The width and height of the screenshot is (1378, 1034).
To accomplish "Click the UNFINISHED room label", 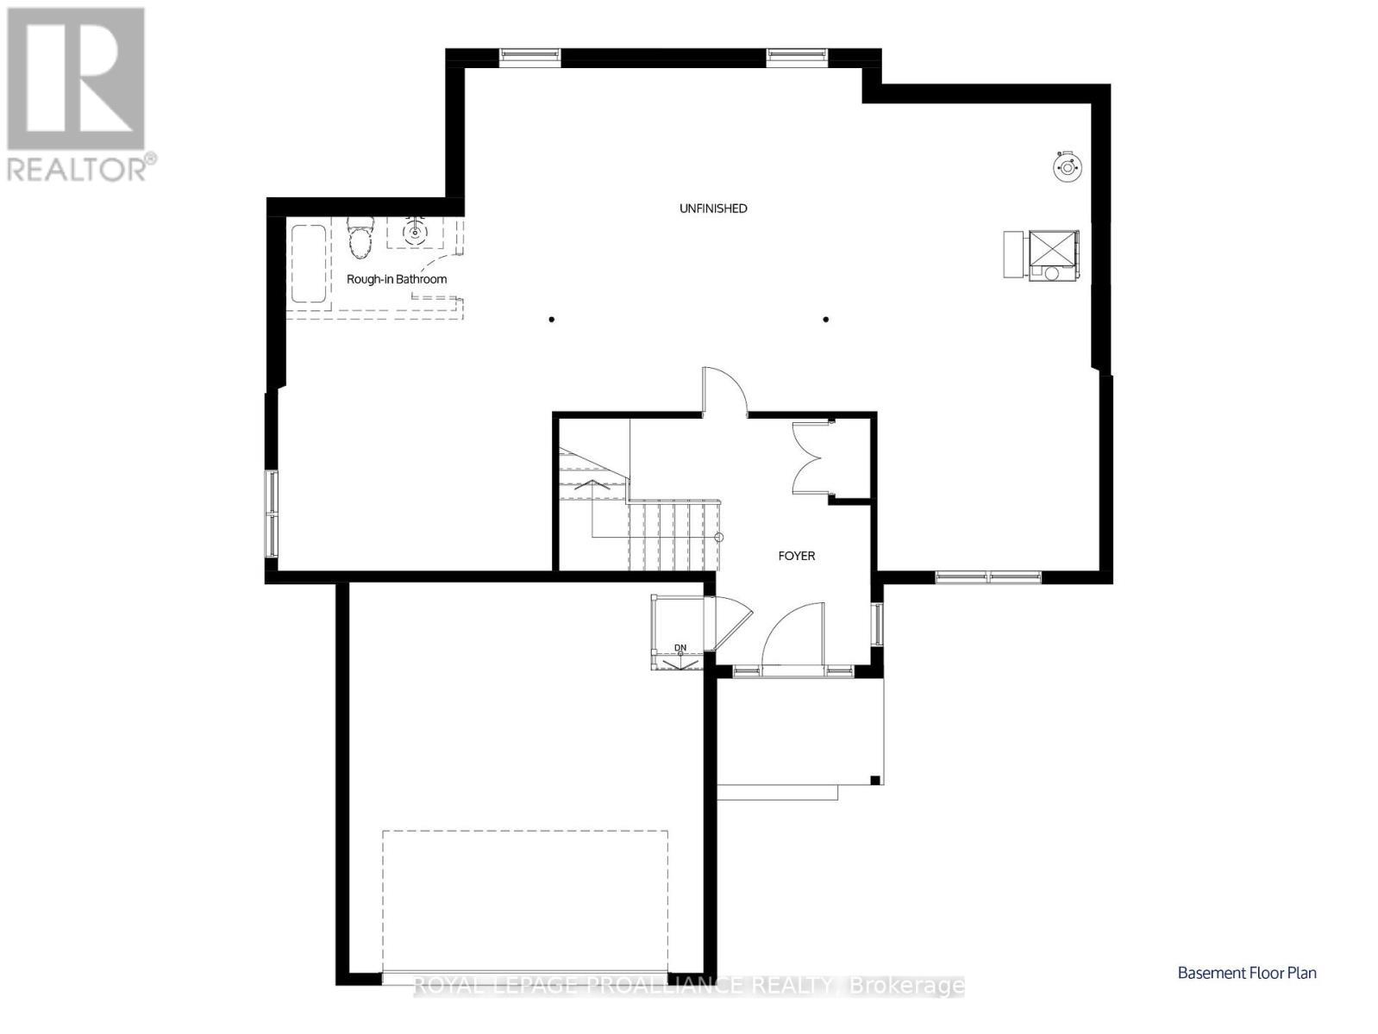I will [x=713, y=209].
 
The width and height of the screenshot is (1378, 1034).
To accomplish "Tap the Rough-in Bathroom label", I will [x=397, y=279].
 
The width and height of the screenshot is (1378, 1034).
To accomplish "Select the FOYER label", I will [x=796, y=556].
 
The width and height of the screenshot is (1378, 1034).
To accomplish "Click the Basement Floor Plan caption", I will [x=1247, y=973].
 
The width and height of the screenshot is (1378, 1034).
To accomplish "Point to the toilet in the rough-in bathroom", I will [x=360, y=238].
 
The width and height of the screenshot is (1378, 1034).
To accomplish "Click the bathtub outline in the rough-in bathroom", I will [x=308, y=264].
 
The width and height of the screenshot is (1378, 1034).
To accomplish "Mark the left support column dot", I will [x=552, y=320].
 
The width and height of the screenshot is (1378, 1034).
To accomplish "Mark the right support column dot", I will [x=826, y=320].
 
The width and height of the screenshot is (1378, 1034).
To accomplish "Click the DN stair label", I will [x=680, y=647].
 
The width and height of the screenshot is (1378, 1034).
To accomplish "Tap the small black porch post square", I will [x=874, y=781].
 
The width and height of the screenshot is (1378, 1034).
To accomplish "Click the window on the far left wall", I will [x=272, y=514].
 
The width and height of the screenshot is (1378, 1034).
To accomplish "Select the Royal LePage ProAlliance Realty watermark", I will [x=688, y=985].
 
